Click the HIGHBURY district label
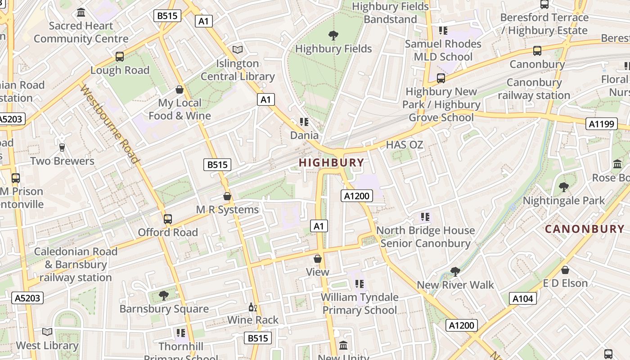[332, 162]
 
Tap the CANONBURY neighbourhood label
[585, 229]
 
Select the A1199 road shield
[601, 124]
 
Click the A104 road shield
[523, 298]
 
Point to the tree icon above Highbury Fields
[333, 35]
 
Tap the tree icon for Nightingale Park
[563, 187]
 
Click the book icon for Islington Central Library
[238, 50]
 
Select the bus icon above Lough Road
[120, 57]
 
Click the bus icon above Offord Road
[168, 219]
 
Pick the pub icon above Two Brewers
[62, 148]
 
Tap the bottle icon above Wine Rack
[252, 307]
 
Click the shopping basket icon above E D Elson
[565, 270]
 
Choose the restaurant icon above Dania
[304, 122]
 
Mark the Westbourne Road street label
[109, 124]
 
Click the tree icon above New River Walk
[455, 271]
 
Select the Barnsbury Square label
[164, 309]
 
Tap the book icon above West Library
[47, 332]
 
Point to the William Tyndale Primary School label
[360, 303]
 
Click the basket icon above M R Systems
[227, 197]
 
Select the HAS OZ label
[405, 145]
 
